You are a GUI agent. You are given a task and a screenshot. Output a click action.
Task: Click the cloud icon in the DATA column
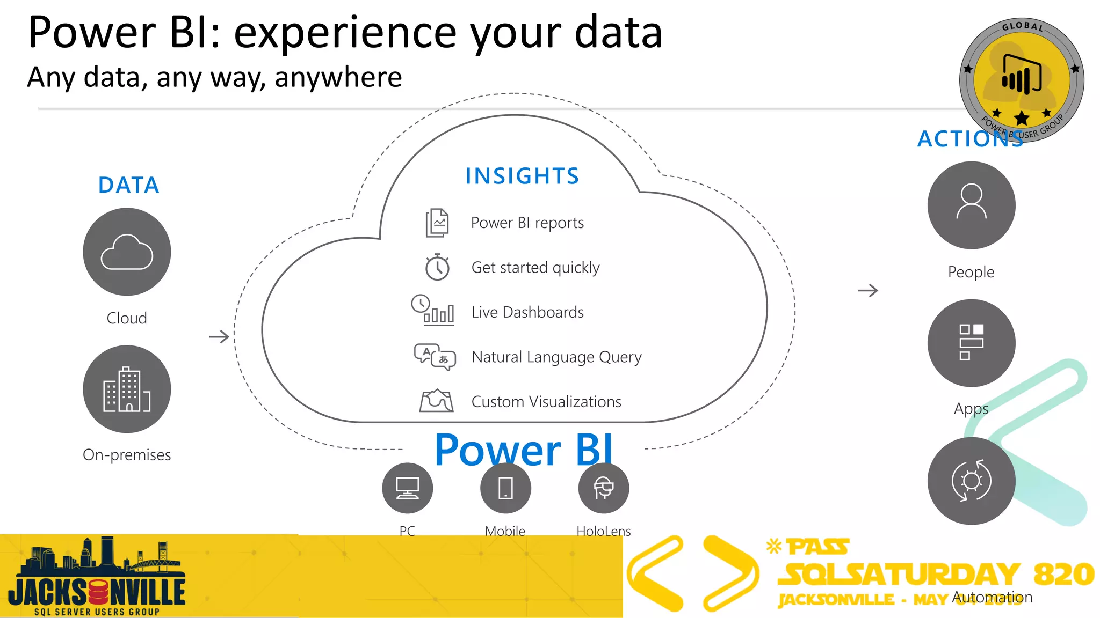127,252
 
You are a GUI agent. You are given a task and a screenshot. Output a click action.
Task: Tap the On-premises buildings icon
127,389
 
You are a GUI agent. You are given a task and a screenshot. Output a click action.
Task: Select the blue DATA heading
128,185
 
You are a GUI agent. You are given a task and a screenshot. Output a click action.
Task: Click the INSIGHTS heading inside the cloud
522,176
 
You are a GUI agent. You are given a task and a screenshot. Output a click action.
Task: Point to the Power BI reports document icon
437,223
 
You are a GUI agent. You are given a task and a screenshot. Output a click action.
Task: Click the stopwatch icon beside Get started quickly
437,267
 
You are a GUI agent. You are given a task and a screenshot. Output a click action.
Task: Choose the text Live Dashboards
527,312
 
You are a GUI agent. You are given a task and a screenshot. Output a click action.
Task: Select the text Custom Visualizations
546,402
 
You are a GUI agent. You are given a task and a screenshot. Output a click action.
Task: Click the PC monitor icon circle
407,488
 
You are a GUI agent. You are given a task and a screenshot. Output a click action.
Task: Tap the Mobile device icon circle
505,488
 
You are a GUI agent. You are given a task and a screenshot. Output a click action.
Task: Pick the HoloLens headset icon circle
603,488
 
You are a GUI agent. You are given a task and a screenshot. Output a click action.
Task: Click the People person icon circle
971,205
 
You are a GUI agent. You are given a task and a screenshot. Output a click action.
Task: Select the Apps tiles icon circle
971,343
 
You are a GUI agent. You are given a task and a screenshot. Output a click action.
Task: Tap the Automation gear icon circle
971,481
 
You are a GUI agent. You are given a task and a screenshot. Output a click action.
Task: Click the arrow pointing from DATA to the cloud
219,337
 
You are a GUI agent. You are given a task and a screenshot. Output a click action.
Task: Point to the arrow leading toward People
868,291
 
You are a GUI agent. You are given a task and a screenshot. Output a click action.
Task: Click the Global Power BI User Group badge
1022,80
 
